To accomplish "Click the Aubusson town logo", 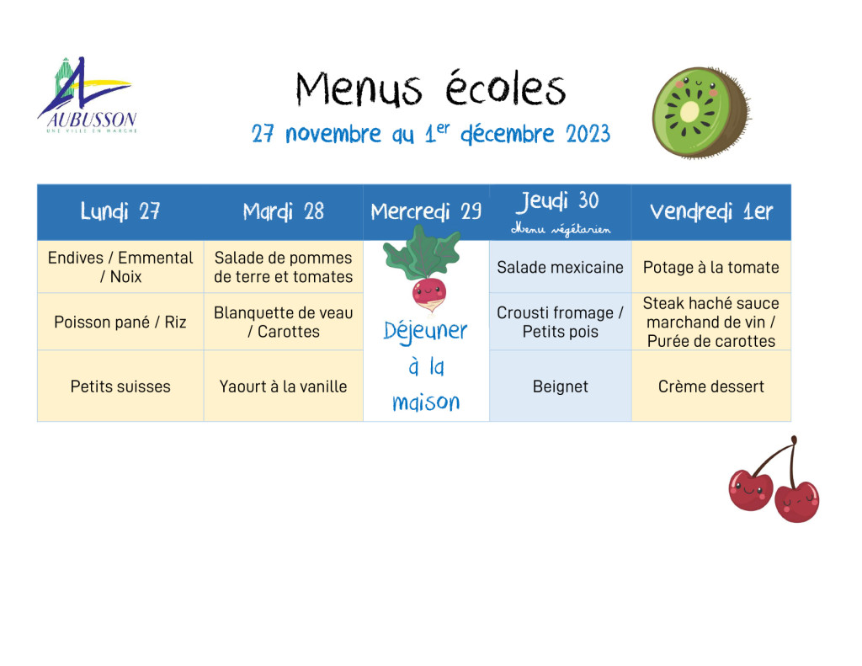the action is tap(88, 95).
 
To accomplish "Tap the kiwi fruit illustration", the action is tap(701, 112).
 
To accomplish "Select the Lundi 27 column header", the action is tap(120, 211).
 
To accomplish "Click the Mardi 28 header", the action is tap(283, 211).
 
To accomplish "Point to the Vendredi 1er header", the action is tap(710, 211).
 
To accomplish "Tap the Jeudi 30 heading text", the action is tap(557, 201).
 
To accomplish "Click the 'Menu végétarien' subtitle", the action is tap(561, 229).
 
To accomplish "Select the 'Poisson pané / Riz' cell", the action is tap(120, 322).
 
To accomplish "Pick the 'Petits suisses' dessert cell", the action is tap(120, 386).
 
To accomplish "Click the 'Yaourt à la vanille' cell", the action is tap(283, 386).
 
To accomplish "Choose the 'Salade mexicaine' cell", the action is tap(560, 267).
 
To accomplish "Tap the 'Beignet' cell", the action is tap(560, 386).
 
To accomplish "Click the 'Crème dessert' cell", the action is tap(710, 386).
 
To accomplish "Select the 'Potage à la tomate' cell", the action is tap(710, 267).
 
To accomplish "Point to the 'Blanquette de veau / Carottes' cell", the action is tap(283, 322).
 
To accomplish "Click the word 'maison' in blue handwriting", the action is tap(426, 402).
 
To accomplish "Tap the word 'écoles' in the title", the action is tap(505, 88).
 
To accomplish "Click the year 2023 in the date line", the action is tap(588, 134).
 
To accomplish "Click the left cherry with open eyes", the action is tap(750, 489).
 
